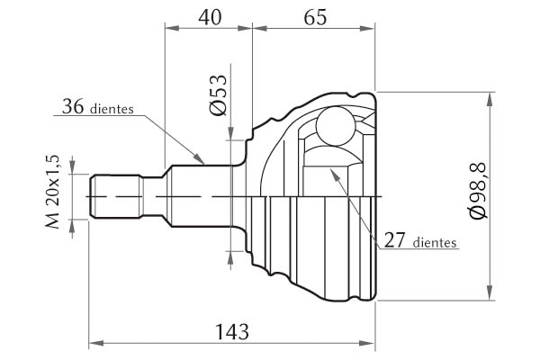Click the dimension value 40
click(210, 16)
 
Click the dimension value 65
click(315, 16)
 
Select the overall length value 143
click(232, 332)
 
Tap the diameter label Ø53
click(219, 94)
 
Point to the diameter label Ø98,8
click(478, 190)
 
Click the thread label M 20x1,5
click(53, 192)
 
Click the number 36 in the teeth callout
click(73, 106)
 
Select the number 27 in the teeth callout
click(395, 240)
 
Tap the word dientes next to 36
click(112, 109)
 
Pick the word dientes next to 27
click(435, 242)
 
